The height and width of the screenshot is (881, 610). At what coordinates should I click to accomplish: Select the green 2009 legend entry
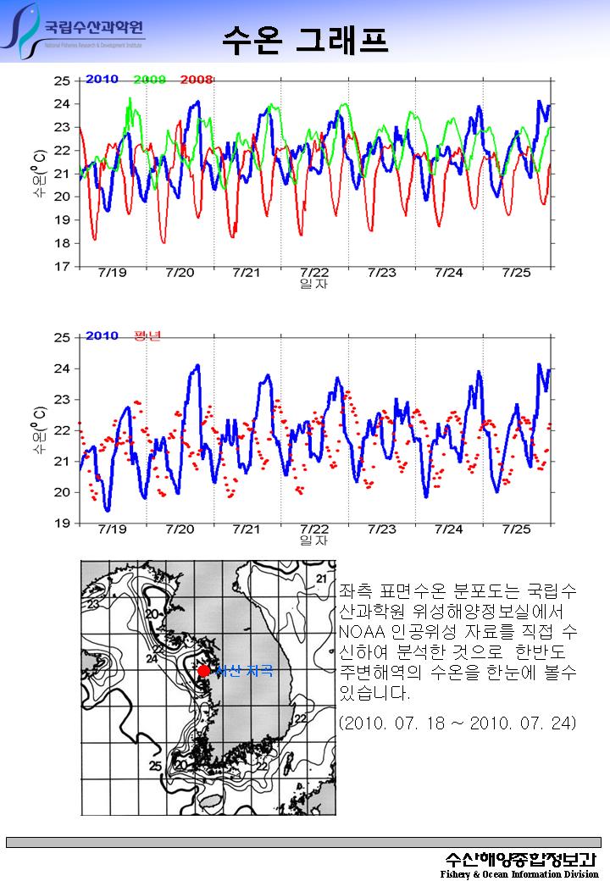tap(149, 80)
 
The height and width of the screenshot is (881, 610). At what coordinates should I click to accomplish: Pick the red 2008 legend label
tap(196, 80)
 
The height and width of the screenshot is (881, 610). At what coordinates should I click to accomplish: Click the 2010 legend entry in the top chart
tap(102, 80)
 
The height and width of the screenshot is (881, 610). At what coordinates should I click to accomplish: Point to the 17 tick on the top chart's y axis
tap(62, 267)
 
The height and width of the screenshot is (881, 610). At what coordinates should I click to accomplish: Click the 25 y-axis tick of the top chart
tap(62, 81)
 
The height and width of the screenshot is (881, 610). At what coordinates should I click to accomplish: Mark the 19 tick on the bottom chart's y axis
tap(62, 524)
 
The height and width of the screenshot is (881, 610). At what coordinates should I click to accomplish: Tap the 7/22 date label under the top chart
tap(314, 273)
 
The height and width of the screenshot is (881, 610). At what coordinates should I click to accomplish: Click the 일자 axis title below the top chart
tap(313, 284)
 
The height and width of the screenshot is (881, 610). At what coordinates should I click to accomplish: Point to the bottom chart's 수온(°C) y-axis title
tap(40, 429)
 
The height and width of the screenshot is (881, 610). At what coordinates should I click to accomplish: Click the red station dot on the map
tap(203, 670)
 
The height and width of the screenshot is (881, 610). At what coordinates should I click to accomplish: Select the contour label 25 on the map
tap(155, 766)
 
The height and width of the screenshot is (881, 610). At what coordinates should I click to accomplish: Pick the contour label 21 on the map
tap(320, 579)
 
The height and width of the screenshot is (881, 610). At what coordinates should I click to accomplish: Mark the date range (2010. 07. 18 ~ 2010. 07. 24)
tap(457, 723)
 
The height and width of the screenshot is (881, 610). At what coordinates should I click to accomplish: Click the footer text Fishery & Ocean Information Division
tap(518, 873)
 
